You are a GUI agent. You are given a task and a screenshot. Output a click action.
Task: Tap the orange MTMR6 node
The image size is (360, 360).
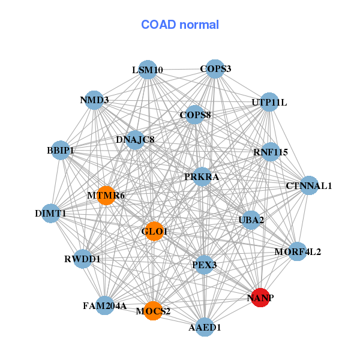pyautogui.click(x=106, y=196)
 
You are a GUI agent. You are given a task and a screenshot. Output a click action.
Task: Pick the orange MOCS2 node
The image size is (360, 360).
pyautogui.click(x=153, y=311)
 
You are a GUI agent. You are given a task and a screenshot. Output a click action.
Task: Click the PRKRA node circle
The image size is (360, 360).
pyautogui.click(x=203, y=177)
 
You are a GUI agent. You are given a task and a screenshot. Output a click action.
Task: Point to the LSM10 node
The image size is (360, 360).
pyautogui.click(x=147, y=70)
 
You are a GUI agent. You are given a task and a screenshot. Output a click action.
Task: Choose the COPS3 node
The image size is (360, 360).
pyautogui.click(x=215, y=69)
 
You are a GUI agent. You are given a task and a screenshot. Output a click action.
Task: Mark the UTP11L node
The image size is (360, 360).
pyautogui.click(x=269, y=103)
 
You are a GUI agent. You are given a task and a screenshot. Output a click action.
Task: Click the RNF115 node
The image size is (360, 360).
pyautogui.click(x=270, y=152)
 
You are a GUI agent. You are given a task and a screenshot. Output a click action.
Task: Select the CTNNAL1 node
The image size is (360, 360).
pyautogui.click(x=309, y=185)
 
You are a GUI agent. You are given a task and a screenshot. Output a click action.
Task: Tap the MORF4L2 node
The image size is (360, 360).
pyautogui.click(x=297, y=251)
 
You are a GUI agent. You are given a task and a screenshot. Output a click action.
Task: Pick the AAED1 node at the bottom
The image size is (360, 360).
pyautogui.click(x=205, y=327)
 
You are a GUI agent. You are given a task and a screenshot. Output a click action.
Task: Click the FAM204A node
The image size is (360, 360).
pyautogui.click(x=105, y=306)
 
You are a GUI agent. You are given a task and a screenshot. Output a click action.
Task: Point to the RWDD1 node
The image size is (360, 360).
pyautogui.click(x=83, y=259)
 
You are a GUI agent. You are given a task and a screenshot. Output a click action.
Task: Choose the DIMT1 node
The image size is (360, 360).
pyautogui.click(x=51, y=213)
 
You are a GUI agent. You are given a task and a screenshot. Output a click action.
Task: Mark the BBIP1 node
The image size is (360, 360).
pyautogui.click(x=61, y=150)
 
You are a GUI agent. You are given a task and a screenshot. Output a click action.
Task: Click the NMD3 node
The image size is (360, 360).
pyautogui.click(x=94, y=100)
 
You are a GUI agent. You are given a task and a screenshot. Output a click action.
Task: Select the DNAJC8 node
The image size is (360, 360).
pyautogui.click(x=135, y=140)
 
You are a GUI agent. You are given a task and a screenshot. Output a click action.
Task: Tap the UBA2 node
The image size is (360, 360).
pyautogui.click(x=251, y=220)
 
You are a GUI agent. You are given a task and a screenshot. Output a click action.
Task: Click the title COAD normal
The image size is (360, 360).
pyautogui.click(x=180, y=25)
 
